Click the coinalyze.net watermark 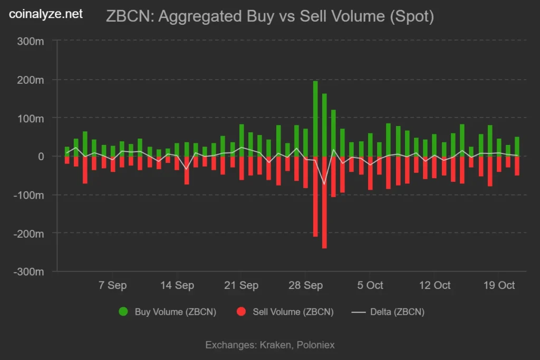point(46,14)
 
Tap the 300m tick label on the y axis point(30,41)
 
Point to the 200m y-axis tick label point(30,80)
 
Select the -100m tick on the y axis point(28,195)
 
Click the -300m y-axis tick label point(28,271)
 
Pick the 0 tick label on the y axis point(41,156)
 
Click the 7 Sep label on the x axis point(113,285)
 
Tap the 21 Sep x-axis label point(241,285)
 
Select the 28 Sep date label point(305,285)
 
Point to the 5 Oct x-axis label point(370,285)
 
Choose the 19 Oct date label point(499,285)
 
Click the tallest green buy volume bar point(315,119)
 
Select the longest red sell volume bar point(324,202)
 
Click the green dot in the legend point(123,312)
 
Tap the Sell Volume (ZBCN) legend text point(293,312)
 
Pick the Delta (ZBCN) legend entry point(388,312)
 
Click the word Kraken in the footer point(275,345)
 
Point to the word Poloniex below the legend point(315,345)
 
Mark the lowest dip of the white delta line point(324,184)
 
